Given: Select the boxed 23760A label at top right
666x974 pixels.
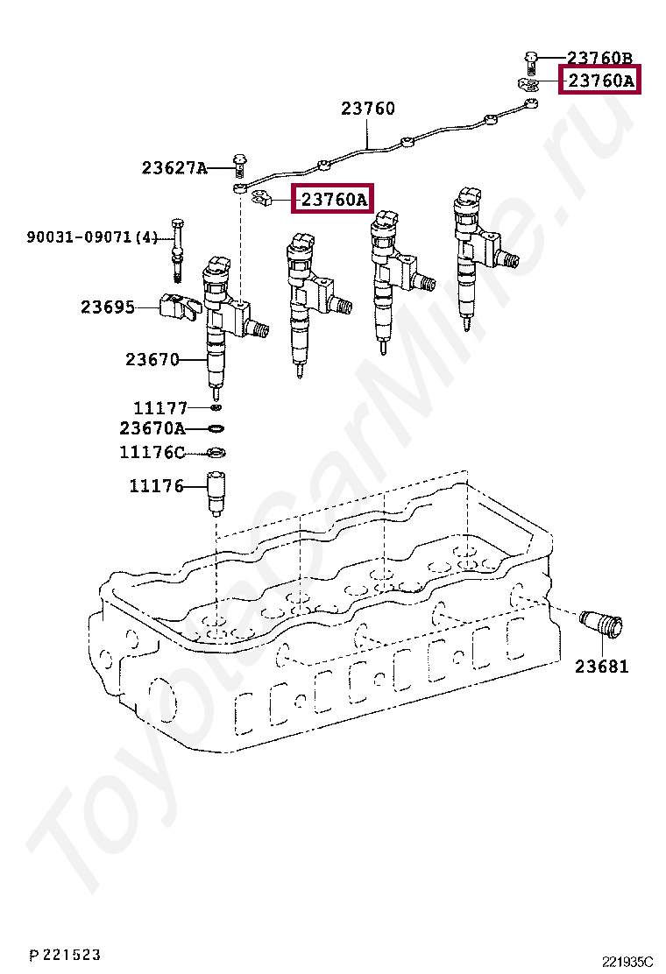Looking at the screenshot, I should tap(600, 81).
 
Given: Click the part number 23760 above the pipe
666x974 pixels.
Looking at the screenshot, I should tap(368, 109).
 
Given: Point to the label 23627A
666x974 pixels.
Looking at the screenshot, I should tap(174, 167).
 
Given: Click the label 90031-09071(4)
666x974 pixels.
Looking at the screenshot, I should tap(92, 236).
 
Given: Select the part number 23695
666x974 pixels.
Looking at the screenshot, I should tap(108, 307).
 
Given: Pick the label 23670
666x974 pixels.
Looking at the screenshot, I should tap(152, 359).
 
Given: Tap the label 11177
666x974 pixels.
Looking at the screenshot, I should tap(160, 407).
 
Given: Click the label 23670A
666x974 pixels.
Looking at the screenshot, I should tap(152, 429).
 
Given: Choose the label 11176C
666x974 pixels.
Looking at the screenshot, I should tap(152, 453).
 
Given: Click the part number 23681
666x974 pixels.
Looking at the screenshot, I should tap(602, 667).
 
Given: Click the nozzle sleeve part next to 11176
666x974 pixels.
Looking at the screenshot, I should tap(216, 493).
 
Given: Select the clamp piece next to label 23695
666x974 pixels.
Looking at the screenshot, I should tap(179, 308).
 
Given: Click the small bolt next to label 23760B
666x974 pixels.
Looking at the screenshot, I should tap(531, 60).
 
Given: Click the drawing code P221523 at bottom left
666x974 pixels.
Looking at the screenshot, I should tap(64, 954).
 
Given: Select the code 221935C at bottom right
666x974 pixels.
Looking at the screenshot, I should tap(627, 962).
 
